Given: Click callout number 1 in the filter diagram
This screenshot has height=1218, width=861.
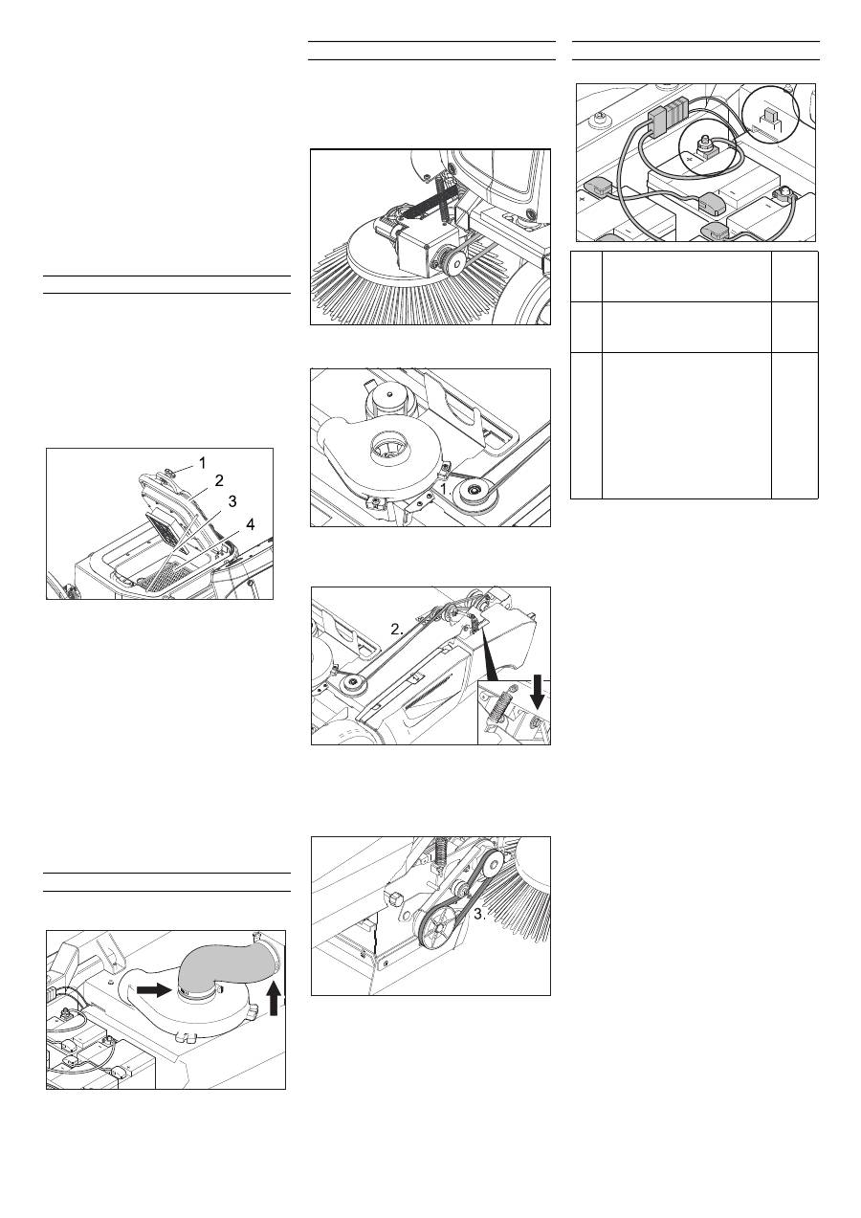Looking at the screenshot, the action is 202,463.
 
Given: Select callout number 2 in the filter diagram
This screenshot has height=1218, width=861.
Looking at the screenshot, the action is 219,480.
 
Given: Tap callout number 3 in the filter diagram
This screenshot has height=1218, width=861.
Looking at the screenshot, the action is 232,501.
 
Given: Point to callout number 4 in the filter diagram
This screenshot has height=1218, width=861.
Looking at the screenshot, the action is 250,524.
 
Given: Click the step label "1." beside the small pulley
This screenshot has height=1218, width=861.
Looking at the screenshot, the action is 446,489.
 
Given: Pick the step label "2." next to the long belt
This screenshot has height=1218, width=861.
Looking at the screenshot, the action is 397,630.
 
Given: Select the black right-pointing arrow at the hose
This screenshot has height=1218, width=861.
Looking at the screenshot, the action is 154,990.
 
